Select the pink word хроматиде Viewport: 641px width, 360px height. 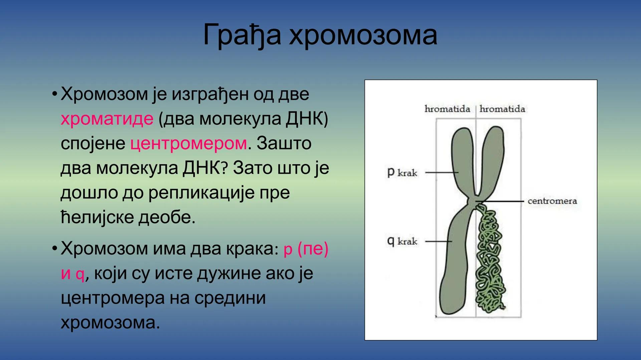coord(107,119)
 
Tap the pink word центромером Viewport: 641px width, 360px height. coord(189,143)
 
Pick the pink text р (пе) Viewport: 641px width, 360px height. coord(306,249)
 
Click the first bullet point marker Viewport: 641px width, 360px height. coord(54,93)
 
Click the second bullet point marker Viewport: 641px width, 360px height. coord(54,248)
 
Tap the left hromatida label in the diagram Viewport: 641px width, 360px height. coord(447,109)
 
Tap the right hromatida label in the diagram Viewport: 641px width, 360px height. coord(502,109)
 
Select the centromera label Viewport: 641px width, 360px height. coord(552,201)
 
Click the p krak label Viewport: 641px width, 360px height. coord(402,173)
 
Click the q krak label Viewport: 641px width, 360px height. coord(402,241)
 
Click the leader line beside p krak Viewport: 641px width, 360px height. coord(441,172)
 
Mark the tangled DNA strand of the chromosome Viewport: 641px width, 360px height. coord(490,260)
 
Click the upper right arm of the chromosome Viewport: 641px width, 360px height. coord(493,157)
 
